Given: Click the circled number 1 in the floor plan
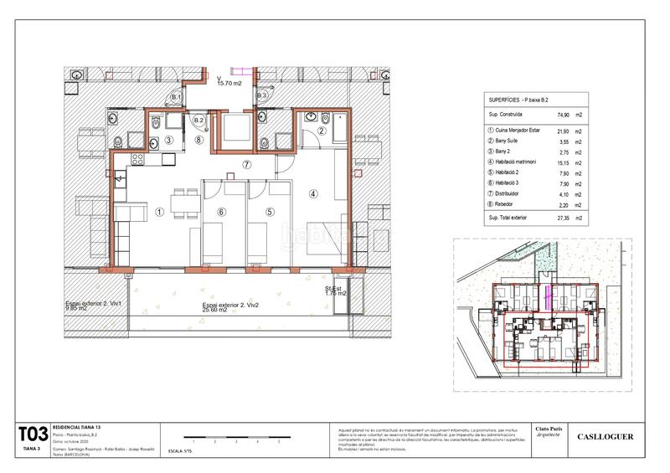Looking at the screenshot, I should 158,213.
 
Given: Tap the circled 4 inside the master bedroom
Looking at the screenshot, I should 313,193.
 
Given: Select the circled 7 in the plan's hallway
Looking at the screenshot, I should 246,165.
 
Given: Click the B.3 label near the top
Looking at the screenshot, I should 261,97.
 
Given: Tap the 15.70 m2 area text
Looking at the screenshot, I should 229,84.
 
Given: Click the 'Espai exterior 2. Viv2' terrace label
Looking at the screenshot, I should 230,307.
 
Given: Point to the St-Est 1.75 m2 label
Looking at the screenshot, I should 335,292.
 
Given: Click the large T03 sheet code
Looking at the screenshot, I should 32,434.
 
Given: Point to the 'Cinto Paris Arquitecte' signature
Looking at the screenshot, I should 549,432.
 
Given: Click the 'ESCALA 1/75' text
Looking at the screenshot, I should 180,450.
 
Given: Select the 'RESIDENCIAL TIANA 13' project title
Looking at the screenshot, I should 82,425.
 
